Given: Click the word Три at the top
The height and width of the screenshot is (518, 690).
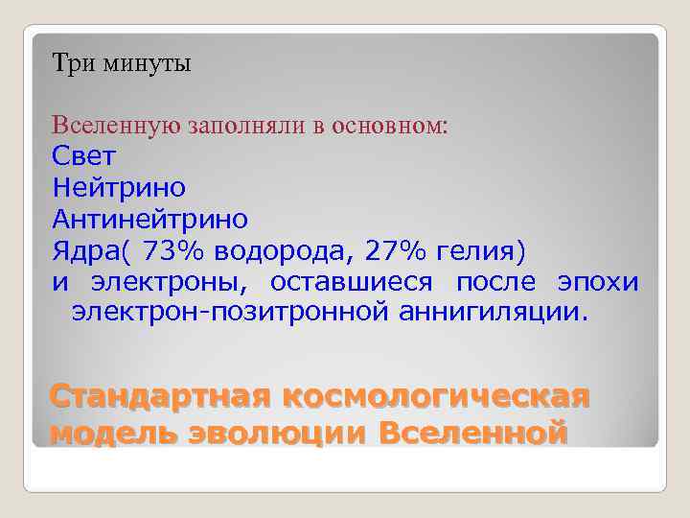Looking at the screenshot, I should (70, 64).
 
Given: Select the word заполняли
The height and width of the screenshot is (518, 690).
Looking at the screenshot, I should (251, 126).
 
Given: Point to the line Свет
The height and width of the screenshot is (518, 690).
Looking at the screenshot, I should (84, 155).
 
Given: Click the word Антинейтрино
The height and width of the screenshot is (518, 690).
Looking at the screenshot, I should (150, 219).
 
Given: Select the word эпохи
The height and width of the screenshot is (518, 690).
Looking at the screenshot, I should (597, 282).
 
